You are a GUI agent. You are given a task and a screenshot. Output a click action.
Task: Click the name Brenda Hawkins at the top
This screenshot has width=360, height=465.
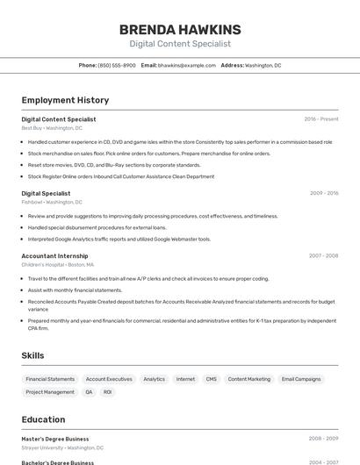pos(180,30)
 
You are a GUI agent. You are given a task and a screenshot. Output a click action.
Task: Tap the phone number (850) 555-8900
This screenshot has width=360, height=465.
pos(117,65)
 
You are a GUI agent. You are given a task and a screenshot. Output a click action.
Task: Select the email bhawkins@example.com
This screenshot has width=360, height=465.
pos(186,65)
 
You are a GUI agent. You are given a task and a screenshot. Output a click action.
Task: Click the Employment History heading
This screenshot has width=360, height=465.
pos(65,100)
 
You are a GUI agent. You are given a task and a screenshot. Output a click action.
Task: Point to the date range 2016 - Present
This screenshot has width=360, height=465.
pos(320,119)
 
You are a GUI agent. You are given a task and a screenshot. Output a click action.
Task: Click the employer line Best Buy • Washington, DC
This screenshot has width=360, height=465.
pos(52,128)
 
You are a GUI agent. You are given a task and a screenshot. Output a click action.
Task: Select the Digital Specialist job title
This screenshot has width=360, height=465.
pos(46,193)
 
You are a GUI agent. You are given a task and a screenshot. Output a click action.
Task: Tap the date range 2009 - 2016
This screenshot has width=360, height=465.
pos(323,193)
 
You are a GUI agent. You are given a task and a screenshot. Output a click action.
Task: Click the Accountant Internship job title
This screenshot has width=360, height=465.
pos(54,256)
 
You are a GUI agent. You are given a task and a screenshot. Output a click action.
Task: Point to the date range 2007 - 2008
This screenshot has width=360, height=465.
pos(323,256)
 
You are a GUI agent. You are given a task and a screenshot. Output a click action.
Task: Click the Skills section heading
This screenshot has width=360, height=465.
pos(33,355)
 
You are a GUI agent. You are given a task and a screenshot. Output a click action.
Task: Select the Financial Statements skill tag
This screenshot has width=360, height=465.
pos(50,379)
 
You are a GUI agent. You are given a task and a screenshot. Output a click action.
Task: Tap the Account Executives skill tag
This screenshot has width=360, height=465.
pos(109,379)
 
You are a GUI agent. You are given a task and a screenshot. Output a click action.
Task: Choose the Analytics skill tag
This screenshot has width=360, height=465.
pos(154,379)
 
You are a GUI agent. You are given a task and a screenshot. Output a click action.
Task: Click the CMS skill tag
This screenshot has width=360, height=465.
pos(211,379)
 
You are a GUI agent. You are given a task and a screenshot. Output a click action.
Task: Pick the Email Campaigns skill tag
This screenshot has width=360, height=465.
pos(301,379)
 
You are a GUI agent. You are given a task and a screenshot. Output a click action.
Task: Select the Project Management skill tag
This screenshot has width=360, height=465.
pos(50,392)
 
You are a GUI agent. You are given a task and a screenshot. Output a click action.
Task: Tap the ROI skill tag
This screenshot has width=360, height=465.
pos(107,392)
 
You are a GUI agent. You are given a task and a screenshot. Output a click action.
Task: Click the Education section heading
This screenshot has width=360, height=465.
pos(43,419)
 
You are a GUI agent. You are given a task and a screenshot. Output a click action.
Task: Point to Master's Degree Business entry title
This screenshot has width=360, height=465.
pos(55,439)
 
